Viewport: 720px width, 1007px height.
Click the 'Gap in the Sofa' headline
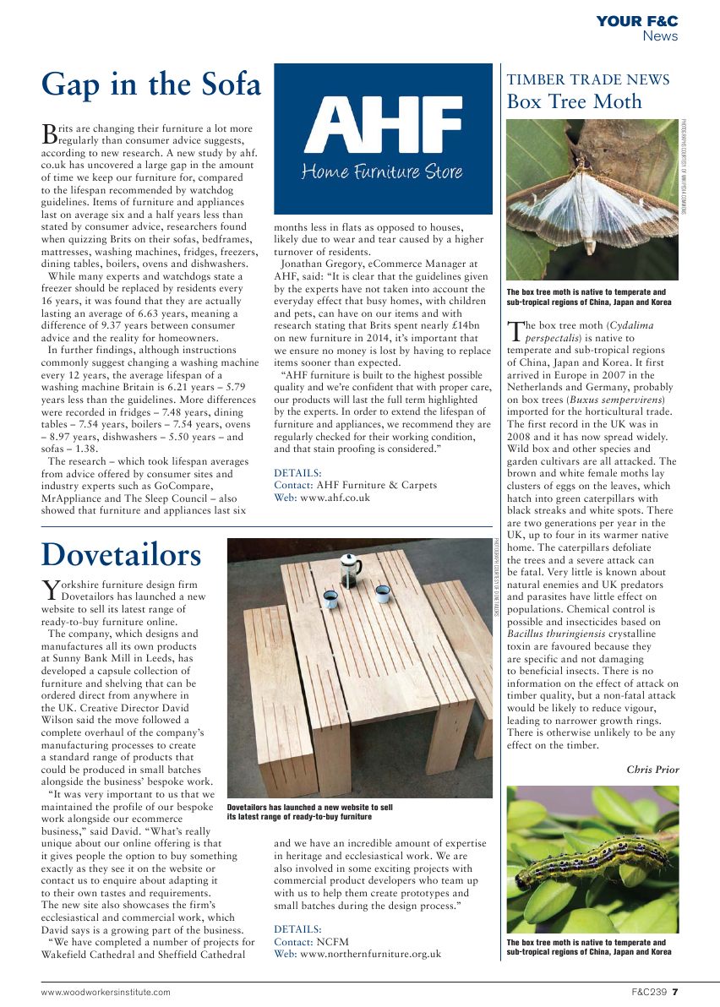[x=151, y=84]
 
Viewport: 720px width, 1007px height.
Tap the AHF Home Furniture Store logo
[x=383, y=139]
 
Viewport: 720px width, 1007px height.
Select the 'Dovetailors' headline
[x=122, y=555]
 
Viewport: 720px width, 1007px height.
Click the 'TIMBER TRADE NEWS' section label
[x=587, y=80]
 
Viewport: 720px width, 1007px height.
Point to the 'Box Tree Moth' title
[x=574, y=102]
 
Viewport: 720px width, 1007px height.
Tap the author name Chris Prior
[x=652, y=769]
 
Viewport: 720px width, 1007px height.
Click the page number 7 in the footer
[x=675, y=992]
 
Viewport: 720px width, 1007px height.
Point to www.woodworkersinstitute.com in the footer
[x=106, y=992]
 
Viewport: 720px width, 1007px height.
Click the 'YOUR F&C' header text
[x=636, y=21]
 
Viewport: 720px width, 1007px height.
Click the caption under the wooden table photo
[x=309, y=812]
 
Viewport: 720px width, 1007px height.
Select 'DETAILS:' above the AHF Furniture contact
[x=297, y=473]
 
